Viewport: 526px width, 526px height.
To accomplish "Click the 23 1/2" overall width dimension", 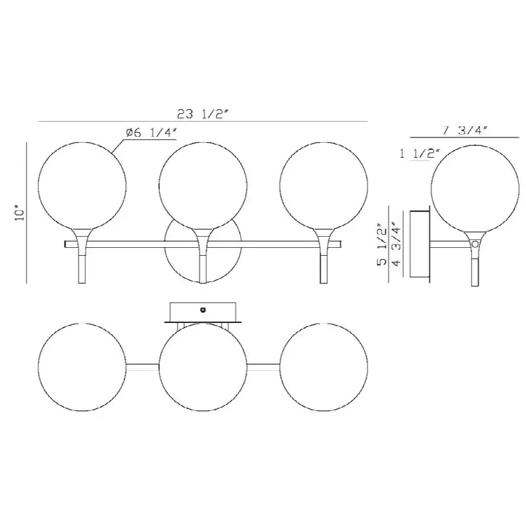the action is tap(203, 114).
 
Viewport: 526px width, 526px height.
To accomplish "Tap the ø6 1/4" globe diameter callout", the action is tap(151, 133).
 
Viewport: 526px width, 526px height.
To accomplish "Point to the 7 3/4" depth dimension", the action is tap(465, 130).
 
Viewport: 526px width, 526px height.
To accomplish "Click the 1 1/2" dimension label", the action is tap(419, 154).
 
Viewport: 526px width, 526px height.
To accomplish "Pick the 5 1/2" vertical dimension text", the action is tap(382, 244).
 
